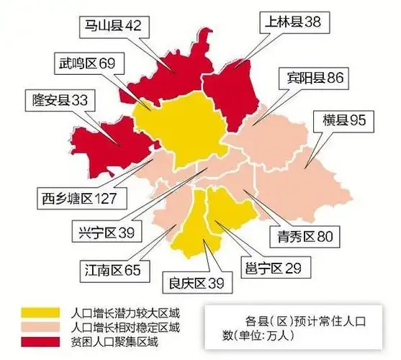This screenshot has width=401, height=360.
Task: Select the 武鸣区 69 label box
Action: (x=86, y=63)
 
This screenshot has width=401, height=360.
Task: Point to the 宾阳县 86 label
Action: (x=315, y=77)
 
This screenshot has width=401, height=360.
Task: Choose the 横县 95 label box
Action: (x=345, y=120)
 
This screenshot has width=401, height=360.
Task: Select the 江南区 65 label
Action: (x=111, y=271)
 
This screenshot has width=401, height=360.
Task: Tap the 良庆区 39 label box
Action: (x=197, y=282)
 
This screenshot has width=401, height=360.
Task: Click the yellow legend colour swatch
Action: (x=42, y=314)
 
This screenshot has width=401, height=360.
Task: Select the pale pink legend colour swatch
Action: (x=42, y=328)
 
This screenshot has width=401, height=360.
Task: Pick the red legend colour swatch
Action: (x=42, y=341)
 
